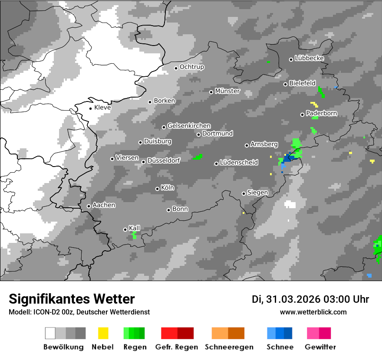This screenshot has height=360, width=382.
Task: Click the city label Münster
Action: pos(227,91)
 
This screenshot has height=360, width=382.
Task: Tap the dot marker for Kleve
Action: pos(90,108)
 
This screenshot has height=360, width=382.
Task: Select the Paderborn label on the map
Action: pos(321,113)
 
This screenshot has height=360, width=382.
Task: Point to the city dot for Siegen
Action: pos(244,193)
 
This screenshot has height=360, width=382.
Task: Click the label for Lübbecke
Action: pos(309,58)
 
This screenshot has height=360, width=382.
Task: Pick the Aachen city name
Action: pos(104,205)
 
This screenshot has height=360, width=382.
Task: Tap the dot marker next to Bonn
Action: pos(168,210)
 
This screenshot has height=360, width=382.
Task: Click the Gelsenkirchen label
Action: pos(189,126)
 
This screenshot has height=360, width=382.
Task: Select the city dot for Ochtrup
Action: pos(176,68)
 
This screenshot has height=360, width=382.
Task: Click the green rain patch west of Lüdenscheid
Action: pos(198,157)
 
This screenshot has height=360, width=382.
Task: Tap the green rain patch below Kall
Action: pos(134,236)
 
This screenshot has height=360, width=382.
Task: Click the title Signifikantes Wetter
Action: pos(72,299)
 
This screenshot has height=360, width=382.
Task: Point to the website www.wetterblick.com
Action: pos(313,312)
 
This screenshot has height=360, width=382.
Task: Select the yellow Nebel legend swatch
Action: pos(103,333)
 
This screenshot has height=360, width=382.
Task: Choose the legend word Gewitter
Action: pos(320,347)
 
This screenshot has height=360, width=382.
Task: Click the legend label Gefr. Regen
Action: pos(176,347)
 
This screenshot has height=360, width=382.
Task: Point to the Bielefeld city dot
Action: pos(285,84)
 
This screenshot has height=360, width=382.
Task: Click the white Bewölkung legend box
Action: pos(50,333)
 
